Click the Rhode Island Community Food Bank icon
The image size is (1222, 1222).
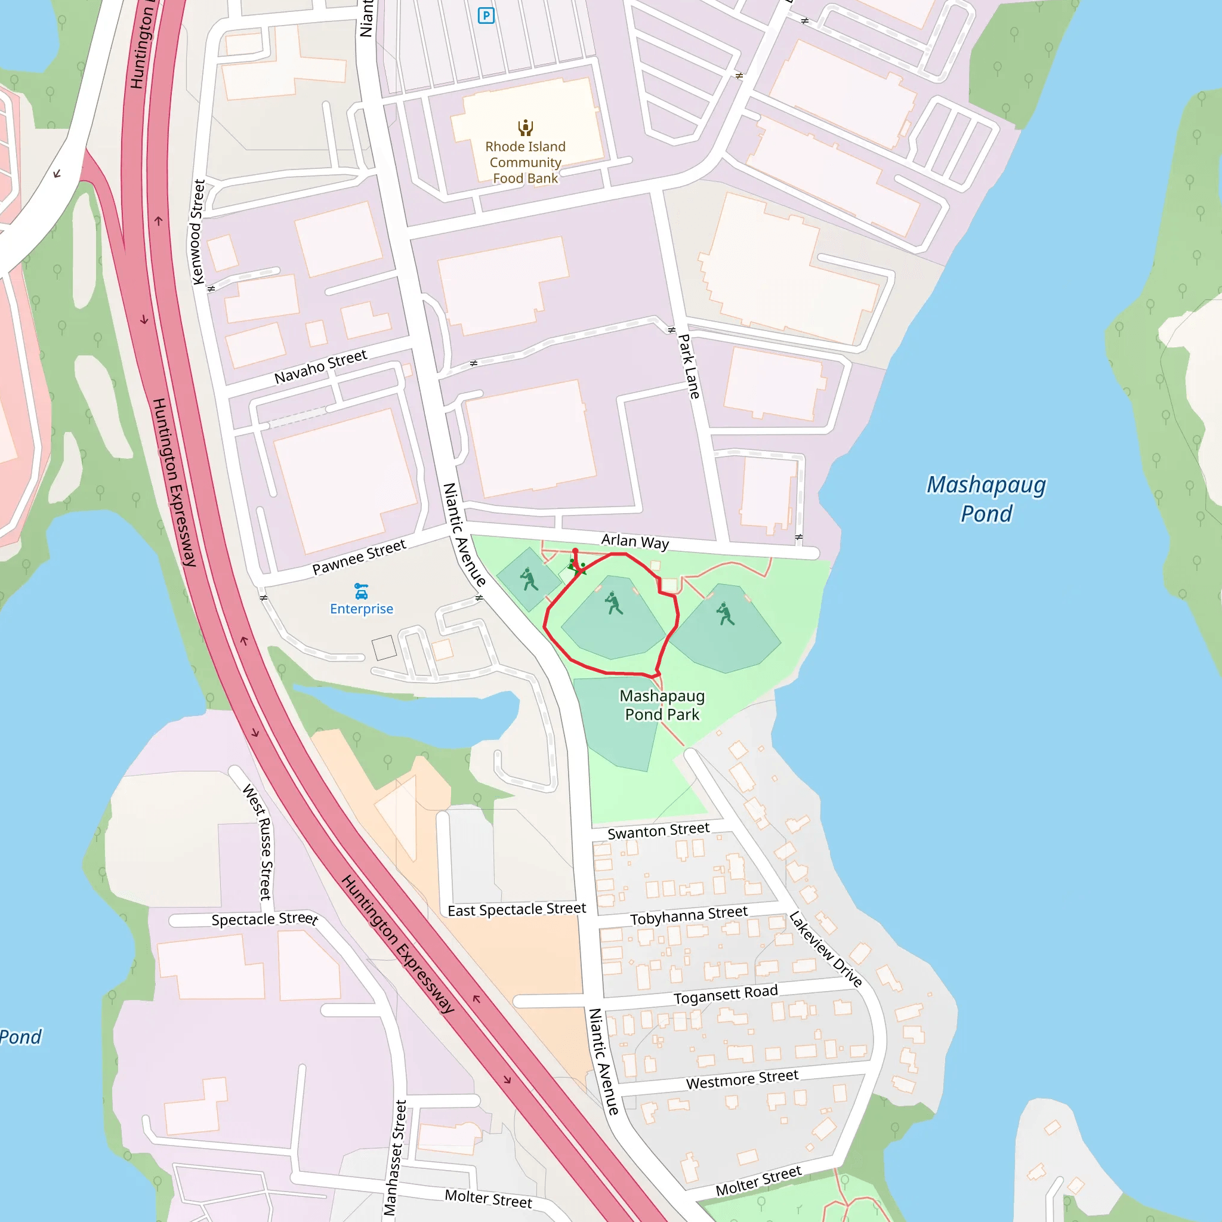point(525,128)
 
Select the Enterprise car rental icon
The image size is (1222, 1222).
point(361,591)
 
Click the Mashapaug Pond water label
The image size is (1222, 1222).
point(986,499)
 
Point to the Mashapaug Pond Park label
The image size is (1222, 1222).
point(662,705)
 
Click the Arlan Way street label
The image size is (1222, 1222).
point(634,541)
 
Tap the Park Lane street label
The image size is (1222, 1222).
point(689,367)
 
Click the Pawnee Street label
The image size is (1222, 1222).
point(359,557)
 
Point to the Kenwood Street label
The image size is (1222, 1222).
point(198,232)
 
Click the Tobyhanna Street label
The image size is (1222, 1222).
point(688,915)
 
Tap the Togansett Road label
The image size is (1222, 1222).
point(725,994)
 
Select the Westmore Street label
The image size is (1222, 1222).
point(741,1079)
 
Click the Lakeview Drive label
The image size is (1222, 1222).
point(825,949)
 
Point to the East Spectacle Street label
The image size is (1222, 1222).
point(516,909)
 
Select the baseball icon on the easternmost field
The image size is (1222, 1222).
point(725,613)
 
